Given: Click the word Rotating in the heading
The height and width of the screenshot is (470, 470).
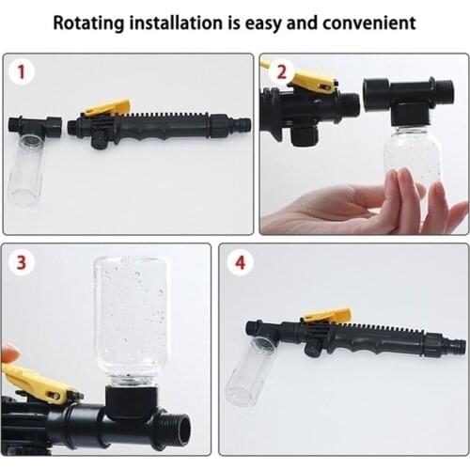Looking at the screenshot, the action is pos(88,23).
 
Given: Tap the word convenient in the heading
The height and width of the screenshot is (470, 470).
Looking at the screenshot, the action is pos(369,23).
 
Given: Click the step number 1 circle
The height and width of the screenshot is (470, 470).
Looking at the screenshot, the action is pos(22,71).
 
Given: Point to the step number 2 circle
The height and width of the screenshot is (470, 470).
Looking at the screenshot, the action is pos(282,72).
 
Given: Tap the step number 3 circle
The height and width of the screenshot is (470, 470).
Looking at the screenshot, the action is pos(21,262).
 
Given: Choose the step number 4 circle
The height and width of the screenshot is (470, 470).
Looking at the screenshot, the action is pos(240,262).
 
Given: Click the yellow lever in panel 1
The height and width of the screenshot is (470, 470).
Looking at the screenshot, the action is pos(106,108).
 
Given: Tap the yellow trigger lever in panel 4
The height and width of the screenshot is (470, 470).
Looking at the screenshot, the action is pos(327,315).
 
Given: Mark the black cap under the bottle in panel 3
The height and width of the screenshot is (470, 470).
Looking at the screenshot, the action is pos(132,402).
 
